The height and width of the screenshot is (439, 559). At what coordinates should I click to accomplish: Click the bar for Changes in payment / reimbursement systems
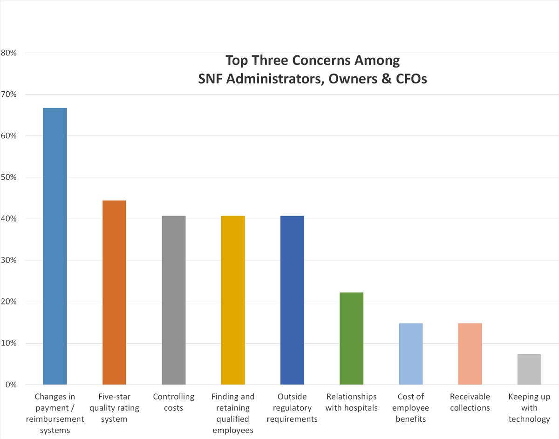pyautogui.click(x=55, y=246)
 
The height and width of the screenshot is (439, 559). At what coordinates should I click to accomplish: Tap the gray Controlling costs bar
pyautogui.click(x=174, y=300)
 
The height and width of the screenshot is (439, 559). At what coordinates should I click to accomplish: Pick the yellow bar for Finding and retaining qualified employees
pyautogui.click(x=233, y=300)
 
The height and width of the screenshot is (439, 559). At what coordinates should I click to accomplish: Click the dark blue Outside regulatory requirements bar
pyautogui.click(x=292, y=300)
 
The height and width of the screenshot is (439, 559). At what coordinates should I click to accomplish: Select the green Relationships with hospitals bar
pyautogui.click(x=351, y=338)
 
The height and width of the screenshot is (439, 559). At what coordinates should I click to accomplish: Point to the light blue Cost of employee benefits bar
pyautogui.click(x=410, y=354)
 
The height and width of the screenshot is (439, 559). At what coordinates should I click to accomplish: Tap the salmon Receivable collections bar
pyautogui.click(x=470, y=354)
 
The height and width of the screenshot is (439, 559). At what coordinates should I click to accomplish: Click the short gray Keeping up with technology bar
pyautogui.click(x=529, y=369)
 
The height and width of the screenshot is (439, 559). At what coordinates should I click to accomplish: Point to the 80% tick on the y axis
pyautogui.click(x=8, y=53)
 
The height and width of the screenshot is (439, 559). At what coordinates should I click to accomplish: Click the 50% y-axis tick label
pyautogui.click(x=8, y=177)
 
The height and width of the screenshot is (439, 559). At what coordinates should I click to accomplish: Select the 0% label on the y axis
pyautogui.click(x=10, y=385)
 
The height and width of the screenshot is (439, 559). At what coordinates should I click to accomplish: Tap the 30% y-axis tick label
pyautogui.click(x=8, y=260)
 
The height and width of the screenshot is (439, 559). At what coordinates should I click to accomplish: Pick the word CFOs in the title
pyautogui.click(x=410, y=79)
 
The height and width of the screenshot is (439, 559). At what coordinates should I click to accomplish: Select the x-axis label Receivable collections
pyautogui.click(x=470, y=402)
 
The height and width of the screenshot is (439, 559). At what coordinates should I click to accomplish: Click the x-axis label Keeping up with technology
pyautogui.click(x=529, y=408)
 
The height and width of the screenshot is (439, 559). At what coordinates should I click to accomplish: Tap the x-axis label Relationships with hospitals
pyautogui.click(x=351, y=402)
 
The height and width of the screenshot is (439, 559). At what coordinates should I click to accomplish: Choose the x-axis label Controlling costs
pyautogui.click(x=174, y=402)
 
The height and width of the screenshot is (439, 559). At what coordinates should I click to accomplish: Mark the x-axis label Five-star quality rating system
pyautogui.click(x=114, y=408)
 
